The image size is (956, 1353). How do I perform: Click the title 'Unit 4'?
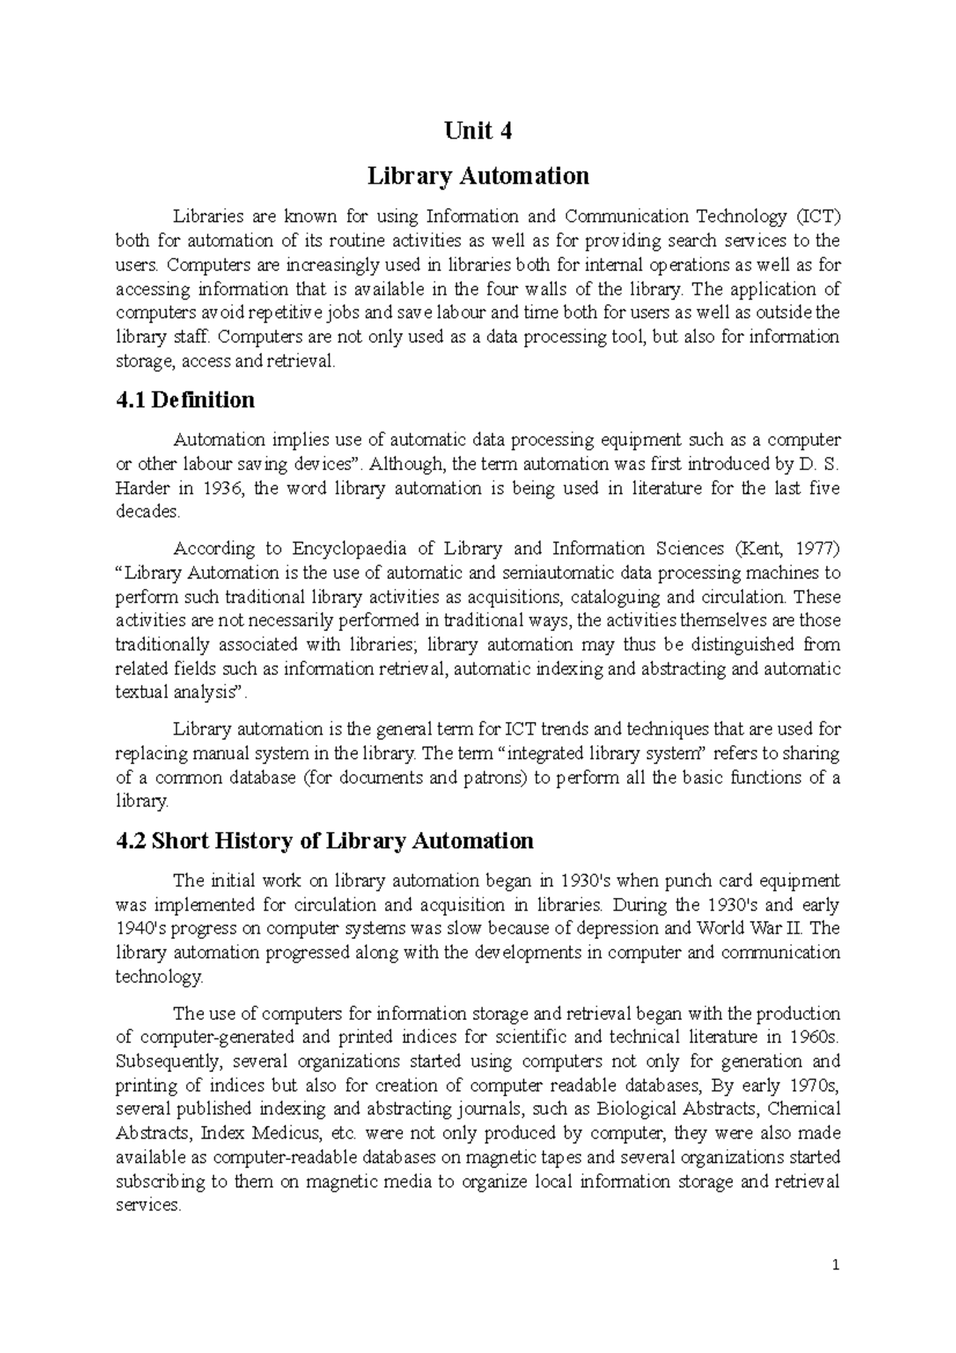478,131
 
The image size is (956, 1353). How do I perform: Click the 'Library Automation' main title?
478,175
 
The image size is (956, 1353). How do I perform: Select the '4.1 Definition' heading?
185,399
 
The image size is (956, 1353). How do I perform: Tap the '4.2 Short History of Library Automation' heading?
324,841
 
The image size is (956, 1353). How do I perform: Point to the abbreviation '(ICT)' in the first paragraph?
817,217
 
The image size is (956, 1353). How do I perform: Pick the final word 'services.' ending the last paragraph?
148,1206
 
